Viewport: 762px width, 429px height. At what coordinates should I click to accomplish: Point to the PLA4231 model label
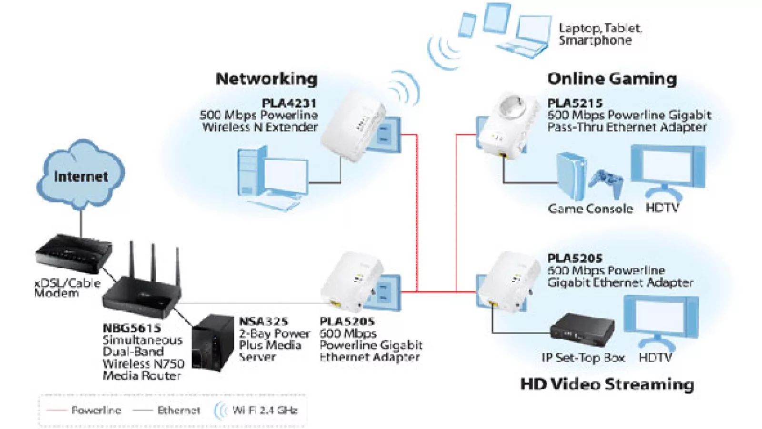click(x=289, y=103)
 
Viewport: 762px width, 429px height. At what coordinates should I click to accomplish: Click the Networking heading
click(x=266, y=79)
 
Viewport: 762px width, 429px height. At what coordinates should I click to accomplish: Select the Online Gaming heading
click(x=612, y=79)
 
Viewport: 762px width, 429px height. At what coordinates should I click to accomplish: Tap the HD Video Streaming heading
click(x=607, y=384)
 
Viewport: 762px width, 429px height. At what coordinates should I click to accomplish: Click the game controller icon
click(x=606, y=182)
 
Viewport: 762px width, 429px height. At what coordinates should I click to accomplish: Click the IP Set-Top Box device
click(x=582, y=329)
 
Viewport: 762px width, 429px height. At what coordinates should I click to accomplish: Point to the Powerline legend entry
click(x=96, y=410)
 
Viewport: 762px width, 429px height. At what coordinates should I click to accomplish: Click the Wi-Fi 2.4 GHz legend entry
click(x=264, y=410)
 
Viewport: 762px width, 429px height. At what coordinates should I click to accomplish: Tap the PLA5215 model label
click(x=575, y=103)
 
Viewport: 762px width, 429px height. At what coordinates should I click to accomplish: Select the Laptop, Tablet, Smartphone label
click(x=600, y=34)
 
